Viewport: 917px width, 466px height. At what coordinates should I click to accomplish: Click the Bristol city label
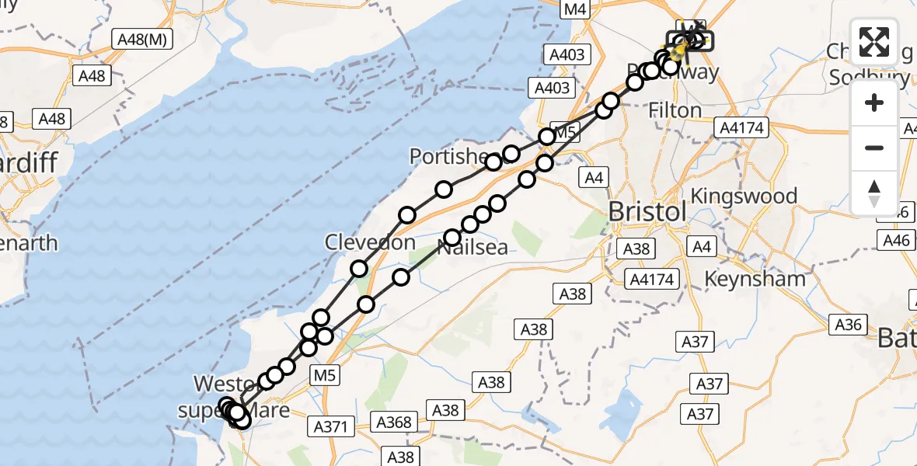tap(647, 211)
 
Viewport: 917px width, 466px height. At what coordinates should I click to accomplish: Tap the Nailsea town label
tap(472, 248)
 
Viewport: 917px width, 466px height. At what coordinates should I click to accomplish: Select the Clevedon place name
tap(370, 242)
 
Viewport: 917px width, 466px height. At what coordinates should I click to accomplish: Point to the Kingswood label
tap(744, 196)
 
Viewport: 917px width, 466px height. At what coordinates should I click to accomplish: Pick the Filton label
tap(676, 111)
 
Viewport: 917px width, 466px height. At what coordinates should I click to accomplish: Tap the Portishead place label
tap(448, 157)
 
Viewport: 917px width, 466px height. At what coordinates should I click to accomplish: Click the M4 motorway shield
tap(575, 10)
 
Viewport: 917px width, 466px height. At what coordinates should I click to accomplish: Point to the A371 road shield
tap(334, 426)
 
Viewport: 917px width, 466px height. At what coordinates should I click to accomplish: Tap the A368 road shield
tap(392, 422)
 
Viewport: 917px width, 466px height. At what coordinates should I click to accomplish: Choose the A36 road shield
tap(848, 325)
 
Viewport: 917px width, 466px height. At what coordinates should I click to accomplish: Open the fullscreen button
tap(874, 42)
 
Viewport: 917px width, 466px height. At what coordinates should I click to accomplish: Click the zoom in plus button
tap(874, 103)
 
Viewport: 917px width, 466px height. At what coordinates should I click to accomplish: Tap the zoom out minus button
tap(874, 148)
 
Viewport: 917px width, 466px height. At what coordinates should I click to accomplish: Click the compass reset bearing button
tap(874, 193)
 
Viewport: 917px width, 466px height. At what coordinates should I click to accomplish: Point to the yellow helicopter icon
tap(678, 52)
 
